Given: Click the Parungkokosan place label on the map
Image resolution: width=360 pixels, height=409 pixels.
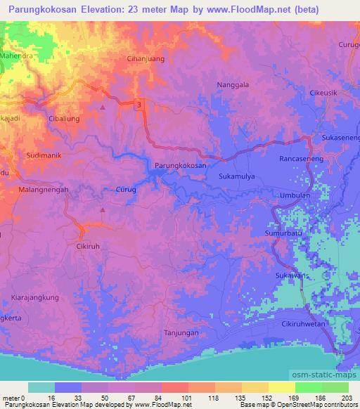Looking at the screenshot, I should [180, 165].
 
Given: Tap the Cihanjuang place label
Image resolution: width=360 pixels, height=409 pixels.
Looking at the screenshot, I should [146, 59].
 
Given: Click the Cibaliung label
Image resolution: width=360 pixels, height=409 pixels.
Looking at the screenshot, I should [64, 119].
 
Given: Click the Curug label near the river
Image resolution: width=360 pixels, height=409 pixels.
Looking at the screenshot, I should [125, 189].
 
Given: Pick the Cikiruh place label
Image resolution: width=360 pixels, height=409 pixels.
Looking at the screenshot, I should [89, 247].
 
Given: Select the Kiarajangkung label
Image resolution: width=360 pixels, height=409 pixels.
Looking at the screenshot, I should [35, 298].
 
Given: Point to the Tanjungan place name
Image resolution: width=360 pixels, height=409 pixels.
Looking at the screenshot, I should [181, 332].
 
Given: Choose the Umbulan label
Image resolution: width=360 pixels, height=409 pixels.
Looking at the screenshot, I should [295, 196].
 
